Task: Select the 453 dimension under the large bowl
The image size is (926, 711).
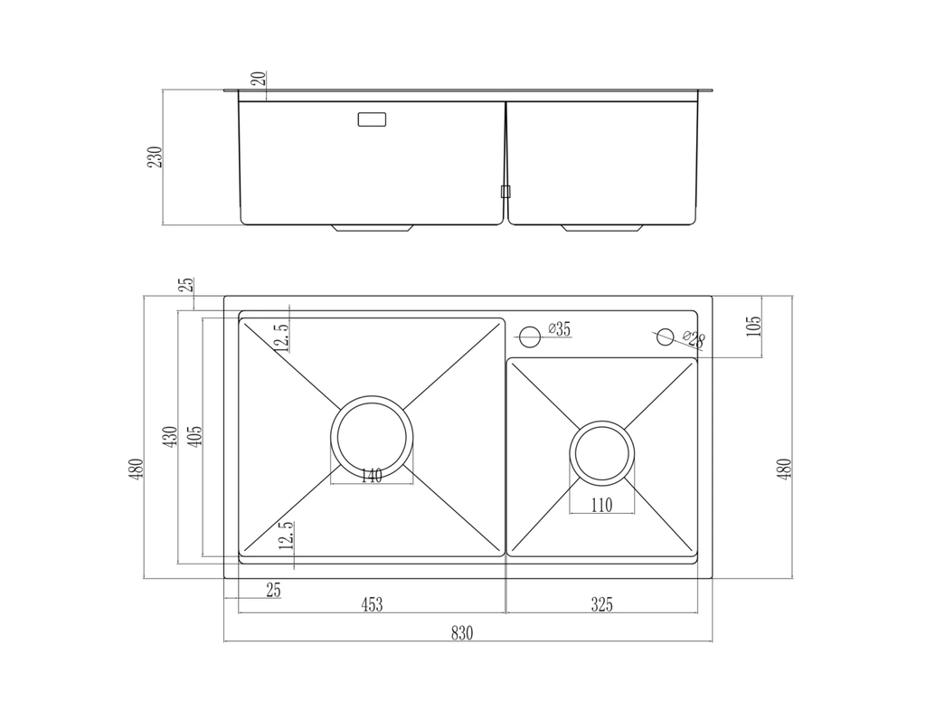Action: pyautogui.click(x=371, y=604)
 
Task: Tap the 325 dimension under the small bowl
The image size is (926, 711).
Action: pyautogui.click(x=601, y=604)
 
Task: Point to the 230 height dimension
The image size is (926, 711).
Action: pyautogui.click(x=156, y=156)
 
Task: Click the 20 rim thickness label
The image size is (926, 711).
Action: pyautogui.click(x=260, y=78)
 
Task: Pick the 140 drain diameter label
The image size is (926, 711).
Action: pyautogui.click(x=372, y=476)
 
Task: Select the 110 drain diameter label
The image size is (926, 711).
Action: pyautogui.click(x=601, y=505)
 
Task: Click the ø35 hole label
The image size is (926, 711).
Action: pyautogui.click(x=560, y=329)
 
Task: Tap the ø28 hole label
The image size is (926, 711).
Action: pyautogui.click(x=694, y=339)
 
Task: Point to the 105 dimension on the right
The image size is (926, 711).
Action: pyautogui.click(x=756, y=327)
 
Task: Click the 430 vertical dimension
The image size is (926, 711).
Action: pyautogui.click(x=168, y=439)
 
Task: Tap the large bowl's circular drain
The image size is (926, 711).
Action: pyautogui.click(x=372, y=436)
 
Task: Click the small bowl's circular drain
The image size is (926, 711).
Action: pyautogui.click(x=602, y=451)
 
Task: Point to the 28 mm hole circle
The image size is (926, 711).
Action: pyautogui.click(x=665, y=337)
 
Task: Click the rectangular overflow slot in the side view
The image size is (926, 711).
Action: pyautogui.click(x=373, y=119)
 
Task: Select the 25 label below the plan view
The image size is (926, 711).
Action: pyautogui.click(x=273, y=591)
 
